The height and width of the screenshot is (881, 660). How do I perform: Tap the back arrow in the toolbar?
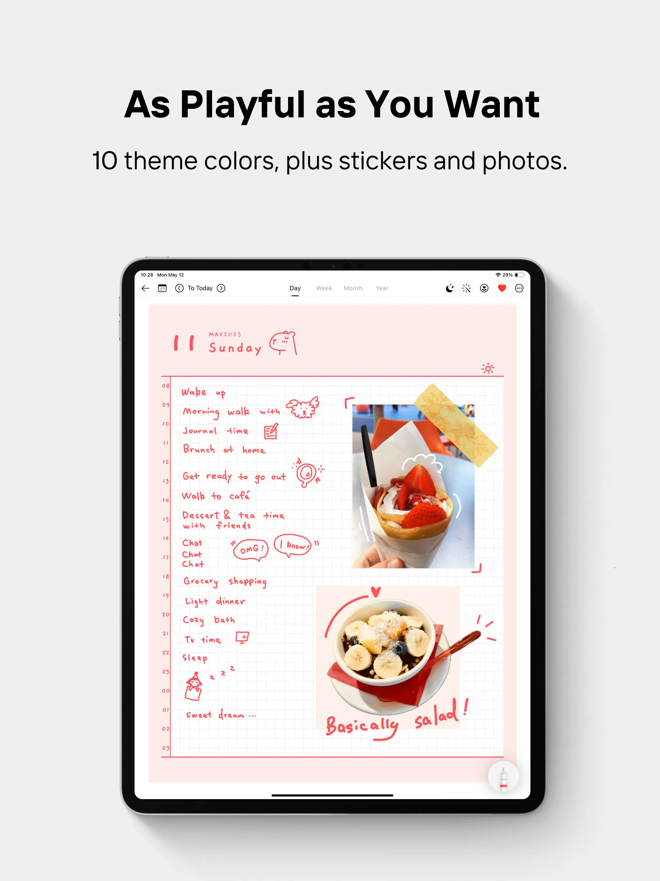(145, 288)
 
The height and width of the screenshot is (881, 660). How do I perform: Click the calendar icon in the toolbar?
(162, 288)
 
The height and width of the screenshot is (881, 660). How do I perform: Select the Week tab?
(324, 288)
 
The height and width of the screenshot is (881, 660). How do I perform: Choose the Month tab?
(353, 288)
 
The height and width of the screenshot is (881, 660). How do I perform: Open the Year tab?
(382, 288)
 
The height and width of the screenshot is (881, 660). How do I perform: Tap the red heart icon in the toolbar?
(502, 288)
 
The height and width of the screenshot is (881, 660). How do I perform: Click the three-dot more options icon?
(519, 288)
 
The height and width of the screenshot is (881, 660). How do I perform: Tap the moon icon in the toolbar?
(450, 288)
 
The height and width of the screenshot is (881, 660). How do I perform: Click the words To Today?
(200, 288)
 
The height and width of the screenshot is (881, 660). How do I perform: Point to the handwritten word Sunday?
(235, 348)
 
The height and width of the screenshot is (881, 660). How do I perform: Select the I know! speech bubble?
(293, 545)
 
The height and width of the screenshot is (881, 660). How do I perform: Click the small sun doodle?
(488, 368)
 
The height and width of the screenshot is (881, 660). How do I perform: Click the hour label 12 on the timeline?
(166, 461)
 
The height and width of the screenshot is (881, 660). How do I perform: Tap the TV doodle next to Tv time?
(242, 637)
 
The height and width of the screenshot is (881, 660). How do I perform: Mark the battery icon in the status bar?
(519, 275)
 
